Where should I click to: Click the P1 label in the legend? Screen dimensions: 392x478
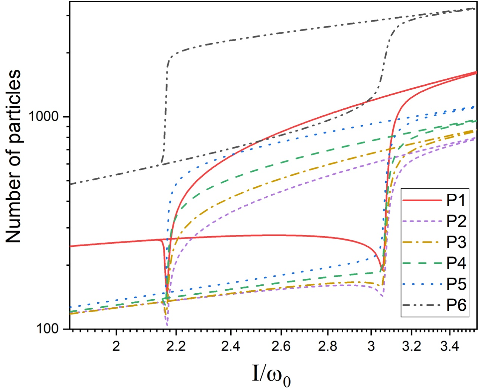coord(456,200)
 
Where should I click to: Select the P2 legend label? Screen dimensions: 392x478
coord(456,221)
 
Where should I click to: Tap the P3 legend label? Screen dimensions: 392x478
coord(456,242)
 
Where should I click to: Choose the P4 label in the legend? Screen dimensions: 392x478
coord(456,263)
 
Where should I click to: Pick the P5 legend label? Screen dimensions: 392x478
coord(456,284)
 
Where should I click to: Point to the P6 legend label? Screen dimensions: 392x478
coord(456,305)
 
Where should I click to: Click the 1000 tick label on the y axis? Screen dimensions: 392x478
coord(44,117)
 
